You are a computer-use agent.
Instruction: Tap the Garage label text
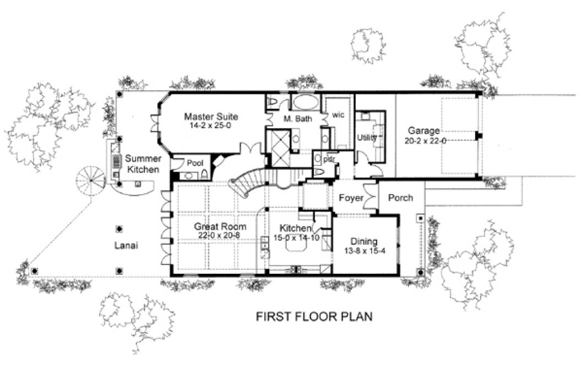[423, 131]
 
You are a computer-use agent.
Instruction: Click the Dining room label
[364, 241]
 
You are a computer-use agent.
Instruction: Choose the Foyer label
[350, 197]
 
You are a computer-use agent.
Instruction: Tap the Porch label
[400, 197]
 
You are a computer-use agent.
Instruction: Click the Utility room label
[366, 137]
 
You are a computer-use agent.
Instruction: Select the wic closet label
[337, 115]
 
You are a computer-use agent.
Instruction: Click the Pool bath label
[195, 163]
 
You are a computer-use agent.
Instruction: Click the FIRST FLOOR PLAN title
[315, 317]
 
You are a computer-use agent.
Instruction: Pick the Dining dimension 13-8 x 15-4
[364, 251]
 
